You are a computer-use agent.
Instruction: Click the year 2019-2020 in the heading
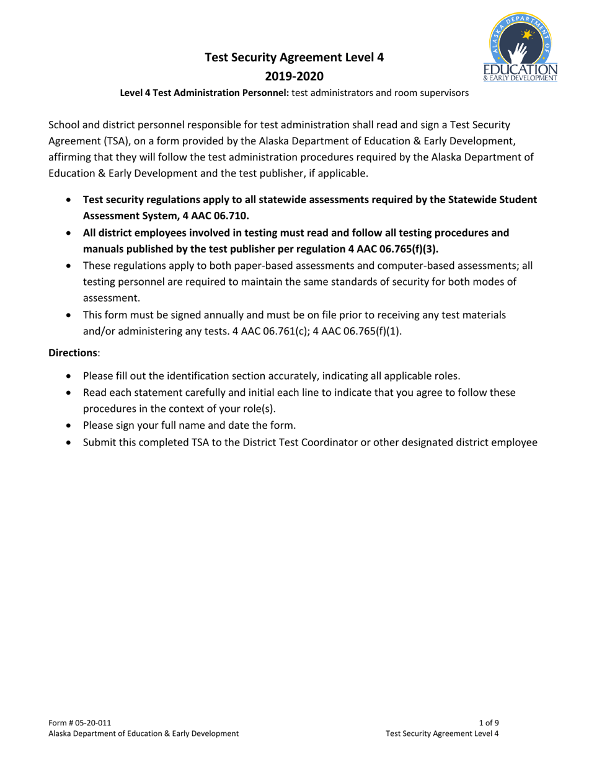pos(294,76)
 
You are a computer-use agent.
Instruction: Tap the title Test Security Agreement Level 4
pos(294,58)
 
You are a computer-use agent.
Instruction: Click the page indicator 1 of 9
pos(489,722)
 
